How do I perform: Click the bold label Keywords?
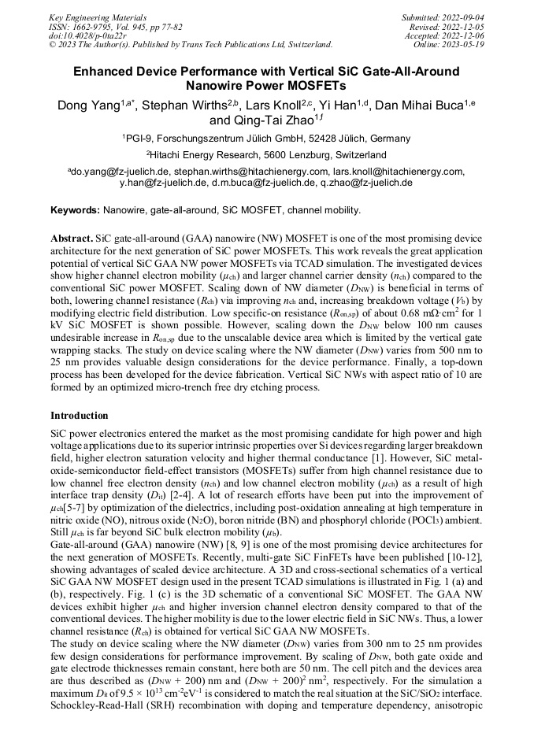pos(75,211)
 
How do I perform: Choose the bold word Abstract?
pos(72,237)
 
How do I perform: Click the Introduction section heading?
pos(79,415)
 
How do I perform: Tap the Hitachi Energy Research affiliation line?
pos(266,155)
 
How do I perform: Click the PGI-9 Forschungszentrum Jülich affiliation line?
pos(266,139)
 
